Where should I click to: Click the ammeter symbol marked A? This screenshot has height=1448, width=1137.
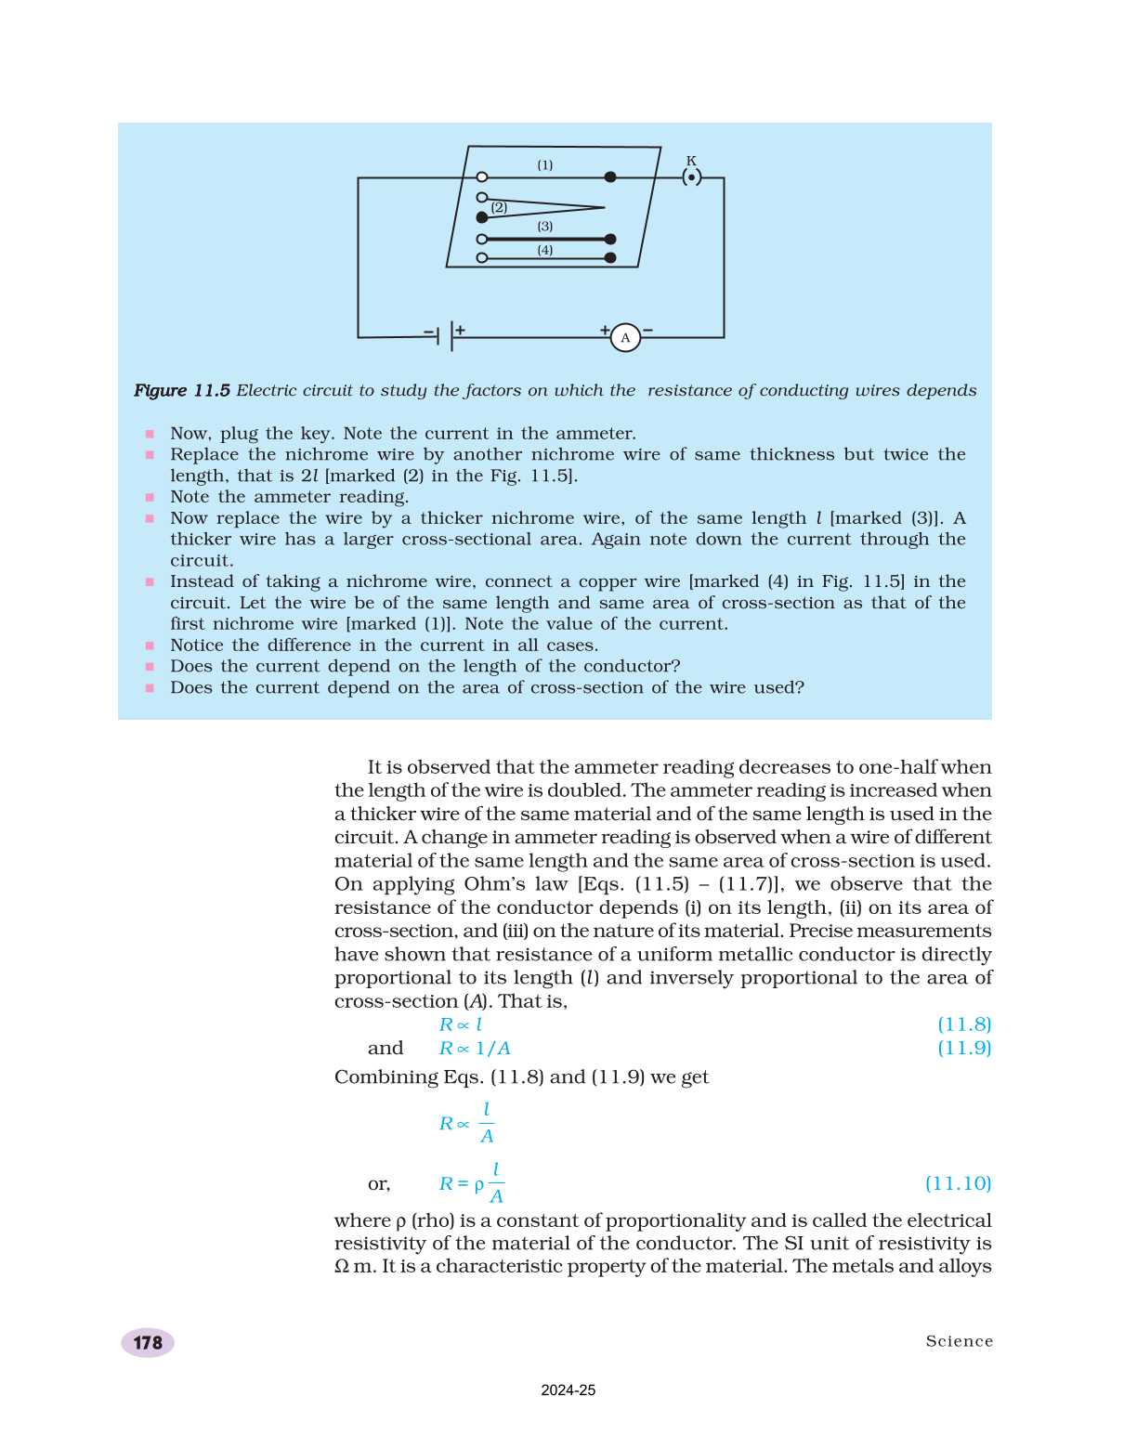coord(625,338)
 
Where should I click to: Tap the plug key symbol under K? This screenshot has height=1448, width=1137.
coord(691,176)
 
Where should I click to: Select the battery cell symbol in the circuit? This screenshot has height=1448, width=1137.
coord(445,335)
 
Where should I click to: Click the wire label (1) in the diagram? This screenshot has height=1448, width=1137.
coord(545,165)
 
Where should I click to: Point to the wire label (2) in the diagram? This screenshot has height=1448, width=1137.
coord(500,207)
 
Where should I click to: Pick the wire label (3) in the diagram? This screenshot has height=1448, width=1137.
coord(545,227)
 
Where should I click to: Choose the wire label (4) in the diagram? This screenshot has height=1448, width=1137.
coord(545,250)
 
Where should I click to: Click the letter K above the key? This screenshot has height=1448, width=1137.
coord(691,161)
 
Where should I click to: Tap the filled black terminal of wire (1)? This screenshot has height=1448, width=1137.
coord(610,176)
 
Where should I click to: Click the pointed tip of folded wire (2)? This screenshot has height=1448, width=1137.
coord(603,207)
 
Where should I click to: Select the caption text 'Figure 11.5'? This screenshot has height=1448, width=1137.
coord(182,391)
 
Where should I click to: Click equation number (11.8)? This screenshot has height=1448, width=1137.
coord(964,1024)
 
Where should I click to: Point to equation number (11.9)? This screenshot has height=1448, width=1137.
coord(964,1048)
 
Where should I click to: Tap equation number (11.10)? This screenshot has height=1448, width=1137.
coord(958,1183)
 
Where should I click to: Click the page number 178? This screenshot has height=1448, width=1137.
coord(148,1343)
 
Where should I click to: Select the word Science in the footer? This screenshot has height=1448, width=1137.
coord(959,1341)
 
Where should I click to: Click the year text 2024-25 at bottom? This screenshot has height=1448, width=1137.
coord(568,1390)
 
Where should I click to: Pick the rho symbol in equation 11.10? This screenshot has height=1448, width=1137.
coord(479,1185)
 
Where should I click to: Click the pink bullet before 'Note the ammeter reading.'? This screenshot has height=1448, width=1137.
coord(150,498)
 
